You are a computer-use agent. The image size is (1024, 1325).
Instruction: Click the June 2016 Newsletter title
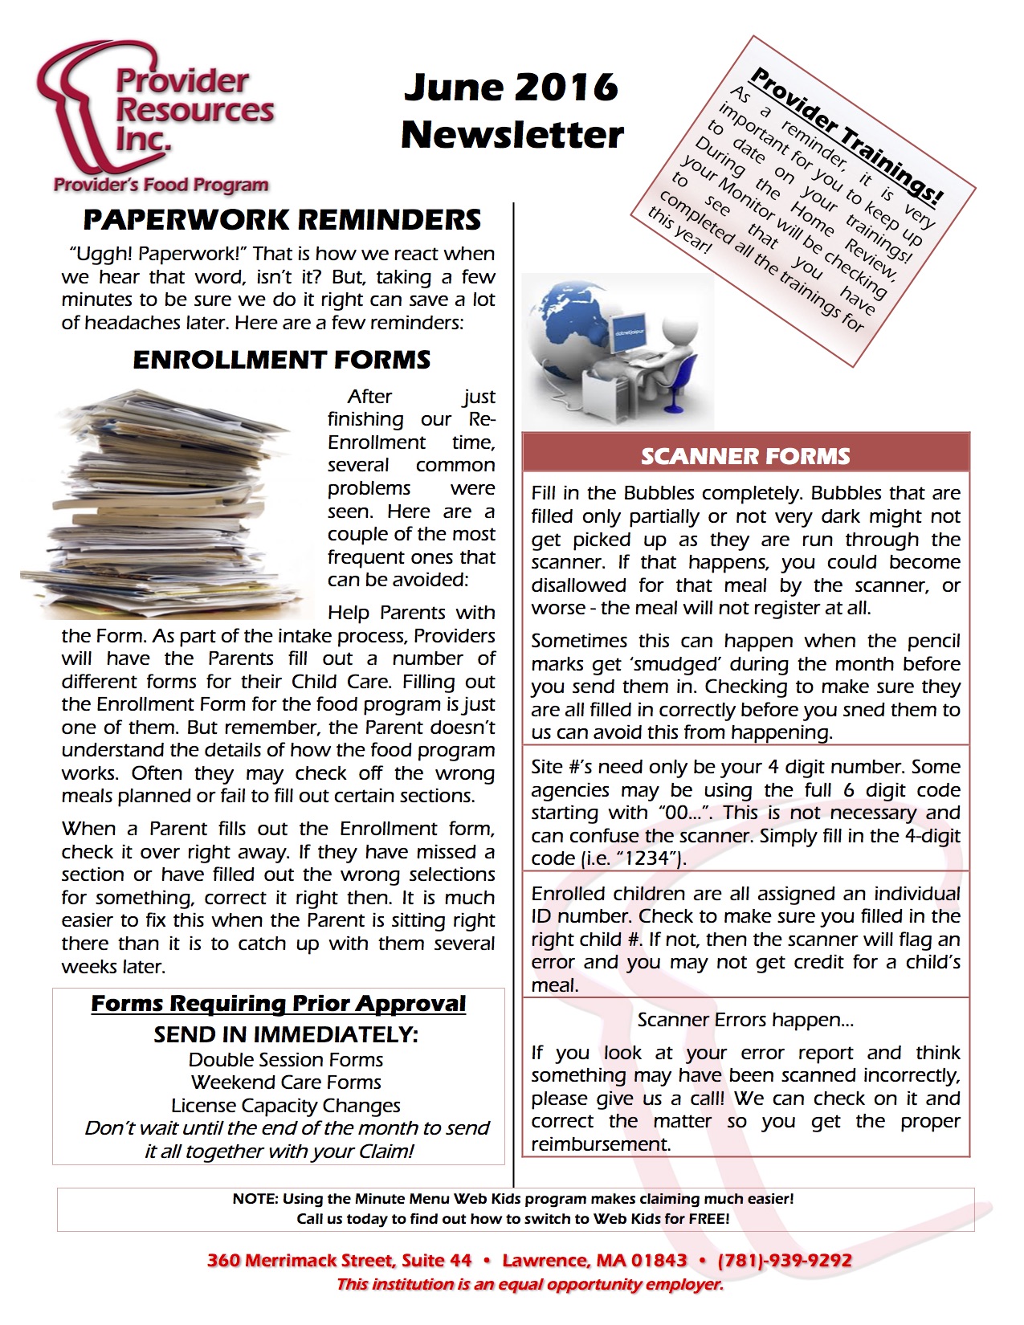pyautogui.click(x=512, y=111)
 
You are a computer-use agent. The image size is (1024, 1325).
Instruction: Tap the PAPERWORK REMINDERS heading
pyautogui.click(x=282, y=220)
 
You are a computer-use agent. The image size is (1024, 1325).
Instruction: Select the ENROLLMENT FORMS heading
pyautogui.click(x=282, y=360)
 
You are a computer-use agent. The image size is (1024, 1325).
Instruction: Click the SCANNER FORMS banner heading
pyautogui.click(x=745, y=456)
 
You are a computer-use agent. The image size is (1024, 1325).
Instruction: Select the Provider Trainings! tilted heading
pyautogui.click(x=846, y=136)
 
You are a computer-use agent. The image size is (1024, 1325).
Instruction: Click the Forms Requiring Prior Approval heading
pyautogui.click(x=278, y=1004)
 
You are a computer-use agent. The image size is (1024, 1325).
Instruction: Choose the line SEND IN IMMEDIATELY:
pyautogui.click(x=286, y=1034)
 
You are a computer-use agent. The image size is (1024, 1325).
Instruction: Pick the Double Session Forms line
pyautogui.click(x=286, y=1060)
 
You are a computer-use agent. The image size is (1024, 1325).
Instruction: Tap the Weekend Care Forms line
pyautogui.click(x=286, y=1082)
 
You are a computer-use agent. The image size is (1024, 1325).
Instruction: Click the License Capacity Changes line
pyautogui.click(x=286, y=1106)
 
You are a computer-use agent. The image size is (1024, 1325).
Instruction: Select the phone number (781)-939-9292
pyautogui.click(x=785, y=1260)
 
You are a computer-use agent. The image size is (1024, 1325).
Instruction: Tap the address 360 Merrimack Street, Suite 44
pyautogui.click(x=339, y=1260)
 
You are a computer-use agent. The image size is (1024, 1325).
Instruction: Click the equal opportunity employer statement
pyautogui.click(x=530, y=1284)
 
